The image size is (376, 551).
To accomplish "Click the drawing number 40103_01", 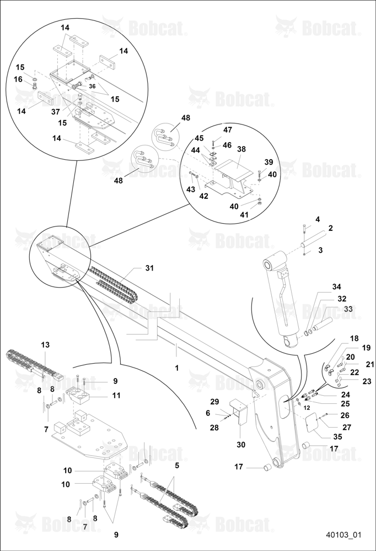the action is (343, 535).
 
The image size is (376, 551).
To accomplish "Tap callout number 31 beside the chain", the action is (149, 268).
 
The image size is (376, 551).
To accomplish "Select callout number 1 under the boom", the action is (177, 368).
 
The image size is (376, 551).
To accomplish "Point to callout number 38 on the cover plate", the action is (241, 149).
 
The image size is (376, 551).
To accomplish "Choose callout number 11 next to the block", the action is (116, 395).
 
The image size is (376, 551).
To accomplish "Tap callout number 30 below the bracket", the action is (241, 445).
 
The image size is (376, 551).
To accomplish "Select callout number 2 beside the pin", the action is (331, 228).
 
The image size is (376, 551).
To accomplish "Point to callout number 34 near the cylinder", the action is (337, 287).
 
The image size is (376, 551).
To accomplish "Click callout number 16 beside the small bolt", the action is (18, 79).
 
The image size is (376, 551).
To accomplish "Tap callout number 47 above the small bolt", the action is (228, 129).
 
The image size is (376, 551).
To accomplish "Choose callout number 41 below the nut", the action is (244, 214).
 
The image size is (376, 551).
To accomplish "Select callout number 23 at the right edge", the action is (367, 381).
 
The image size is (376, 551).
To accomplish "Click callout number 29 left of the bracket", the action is (214, 401).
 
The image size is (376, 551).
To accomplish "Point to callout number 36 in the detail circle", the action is (92, 86).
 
